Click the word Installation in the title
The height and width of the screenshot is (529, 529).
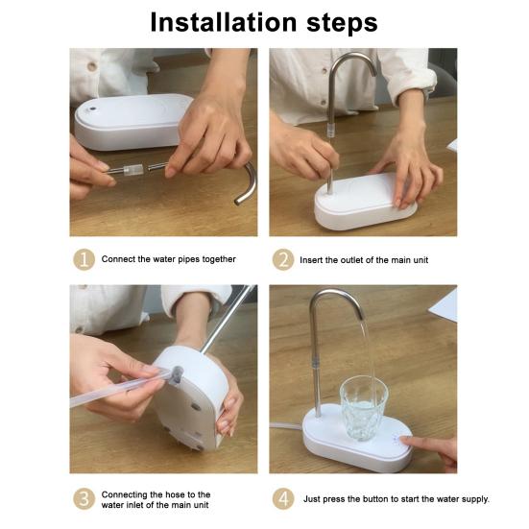(x=224, y=22)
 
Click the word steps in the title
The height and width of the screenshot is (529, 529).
(x=342, y=24)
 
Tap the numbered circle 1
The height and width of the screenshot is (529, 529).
(x=84, y=259)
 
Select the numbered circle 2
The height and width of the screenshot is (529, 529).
(x=283, y=259)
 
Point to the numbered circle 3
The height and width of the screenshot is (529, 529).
(x=84, y=498)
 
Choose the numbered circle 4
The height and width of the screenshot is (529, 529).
(x=283, y=498)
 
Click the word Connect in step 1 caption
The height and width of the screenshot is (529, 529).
(x=118, y=259)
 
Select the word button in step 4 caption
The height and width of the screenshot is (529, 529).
(x=375, y=499)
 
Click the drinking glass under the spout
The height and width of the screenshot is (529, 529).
(x=363, y=409)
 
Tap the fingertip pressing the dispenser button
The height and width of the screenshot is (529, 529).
(x=405, y=440)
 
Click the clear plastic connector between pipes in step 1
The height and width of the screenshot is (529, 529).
(x=133, y=170)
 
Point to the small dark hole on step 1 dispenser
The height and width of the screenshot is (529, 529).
(x=92, y=109)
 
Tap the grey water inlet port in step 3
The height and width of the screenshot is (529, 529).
(x=176, y=375)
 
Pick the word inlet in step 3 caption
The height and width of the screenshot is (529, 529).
(x=136, y=505)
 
